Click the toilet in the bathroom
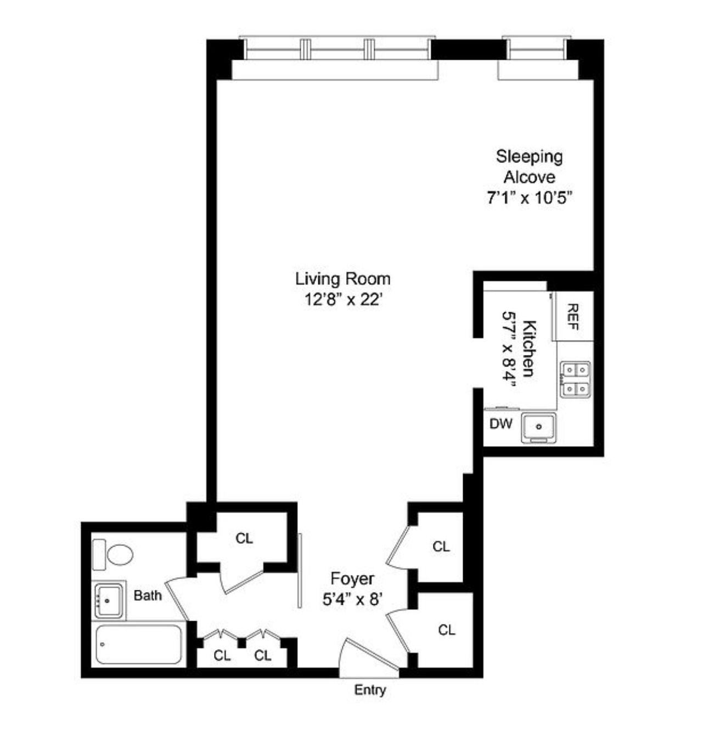[114, 555]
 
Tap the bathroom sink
[108, 600]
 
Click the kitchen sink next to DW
[539, 426]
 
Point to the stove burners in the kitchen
[575, 379]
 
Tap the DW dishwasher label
[500, 424]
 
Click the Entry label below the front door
[370, 690]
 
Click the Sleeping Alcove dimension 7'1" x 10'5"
[530, 198]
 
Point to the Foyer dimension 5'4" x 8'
[352, 600]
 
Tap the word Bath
[148, 595]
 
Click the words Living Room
[343, 279]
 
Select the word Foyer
[352, 579]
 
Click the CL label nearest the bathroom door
[222, 655]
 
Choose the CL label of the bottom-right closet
[447, 630]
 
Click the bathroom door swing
[177, 599]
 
